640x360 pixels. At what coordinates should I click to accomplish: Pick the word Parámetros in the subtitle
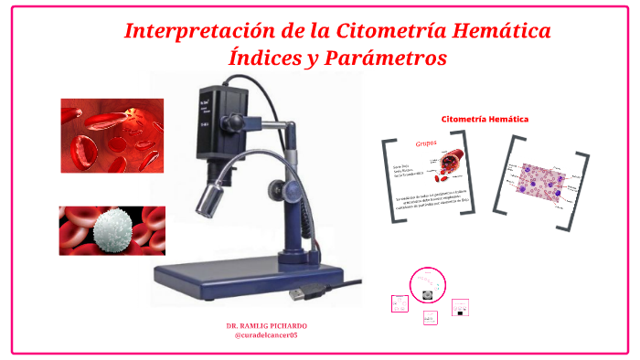coord(392,58)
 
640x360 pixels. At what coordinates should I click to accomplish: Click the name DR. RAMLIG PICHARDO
coord(266,326)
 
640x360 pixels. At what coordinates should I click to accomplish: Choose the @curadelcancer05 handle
coord(266,335)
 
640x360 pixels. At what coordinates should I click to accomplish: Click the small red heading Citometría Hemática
coord(485,119)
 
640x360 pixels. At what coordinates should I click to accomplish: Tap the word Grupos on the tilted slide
coord(427,143)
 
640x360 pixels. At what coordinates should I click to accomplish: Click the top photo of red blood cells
coord(112,136)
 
